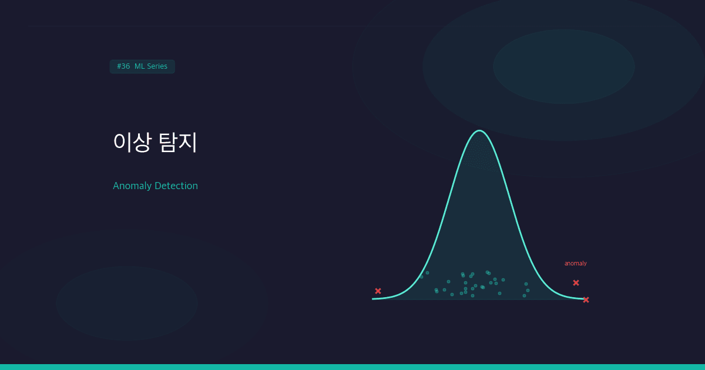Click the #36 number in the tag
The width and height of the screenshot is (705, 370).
[123, 66]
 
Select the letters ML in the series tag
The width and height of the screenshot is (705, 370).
[139, 66]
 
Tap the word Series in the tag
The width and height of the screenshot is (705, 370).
[156, 66]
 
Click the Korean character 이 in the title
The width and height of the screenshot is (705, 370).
[121, 142]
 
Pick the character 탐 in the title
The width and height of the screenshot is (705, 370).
[168, 142]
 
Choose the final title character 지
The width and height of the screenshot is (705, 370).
[189, 142]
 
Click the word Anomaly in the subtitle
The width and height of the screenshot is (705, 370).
[132, 186]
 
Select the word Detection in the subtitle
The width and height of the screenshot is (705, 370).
[176, 186]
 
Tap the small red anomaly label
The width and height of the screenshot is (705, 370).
[576, 264]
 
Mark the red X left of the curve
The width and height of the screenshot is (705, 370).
[378, 291]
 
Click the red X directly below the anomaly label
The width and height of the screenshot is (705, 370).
[576, 282]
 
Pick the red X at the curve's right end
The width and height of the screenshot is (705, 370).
[586, 300]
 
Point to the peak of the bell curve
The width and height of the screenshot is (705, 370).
[480, 130]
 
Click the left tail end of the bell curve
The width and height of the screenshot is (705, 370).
[374, 299]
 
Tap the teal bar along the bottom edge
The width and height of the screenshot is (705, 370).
[352, 367]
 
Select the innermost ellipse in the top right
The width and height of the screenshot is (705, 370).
[564, 66]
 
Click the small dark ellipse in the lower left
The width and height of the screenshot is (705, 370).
[126, 303]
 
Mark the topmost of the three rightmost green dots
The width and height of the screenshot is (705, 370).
[526, 284]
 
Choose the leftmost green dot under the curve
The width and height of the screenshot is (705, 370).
[421, 277]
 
